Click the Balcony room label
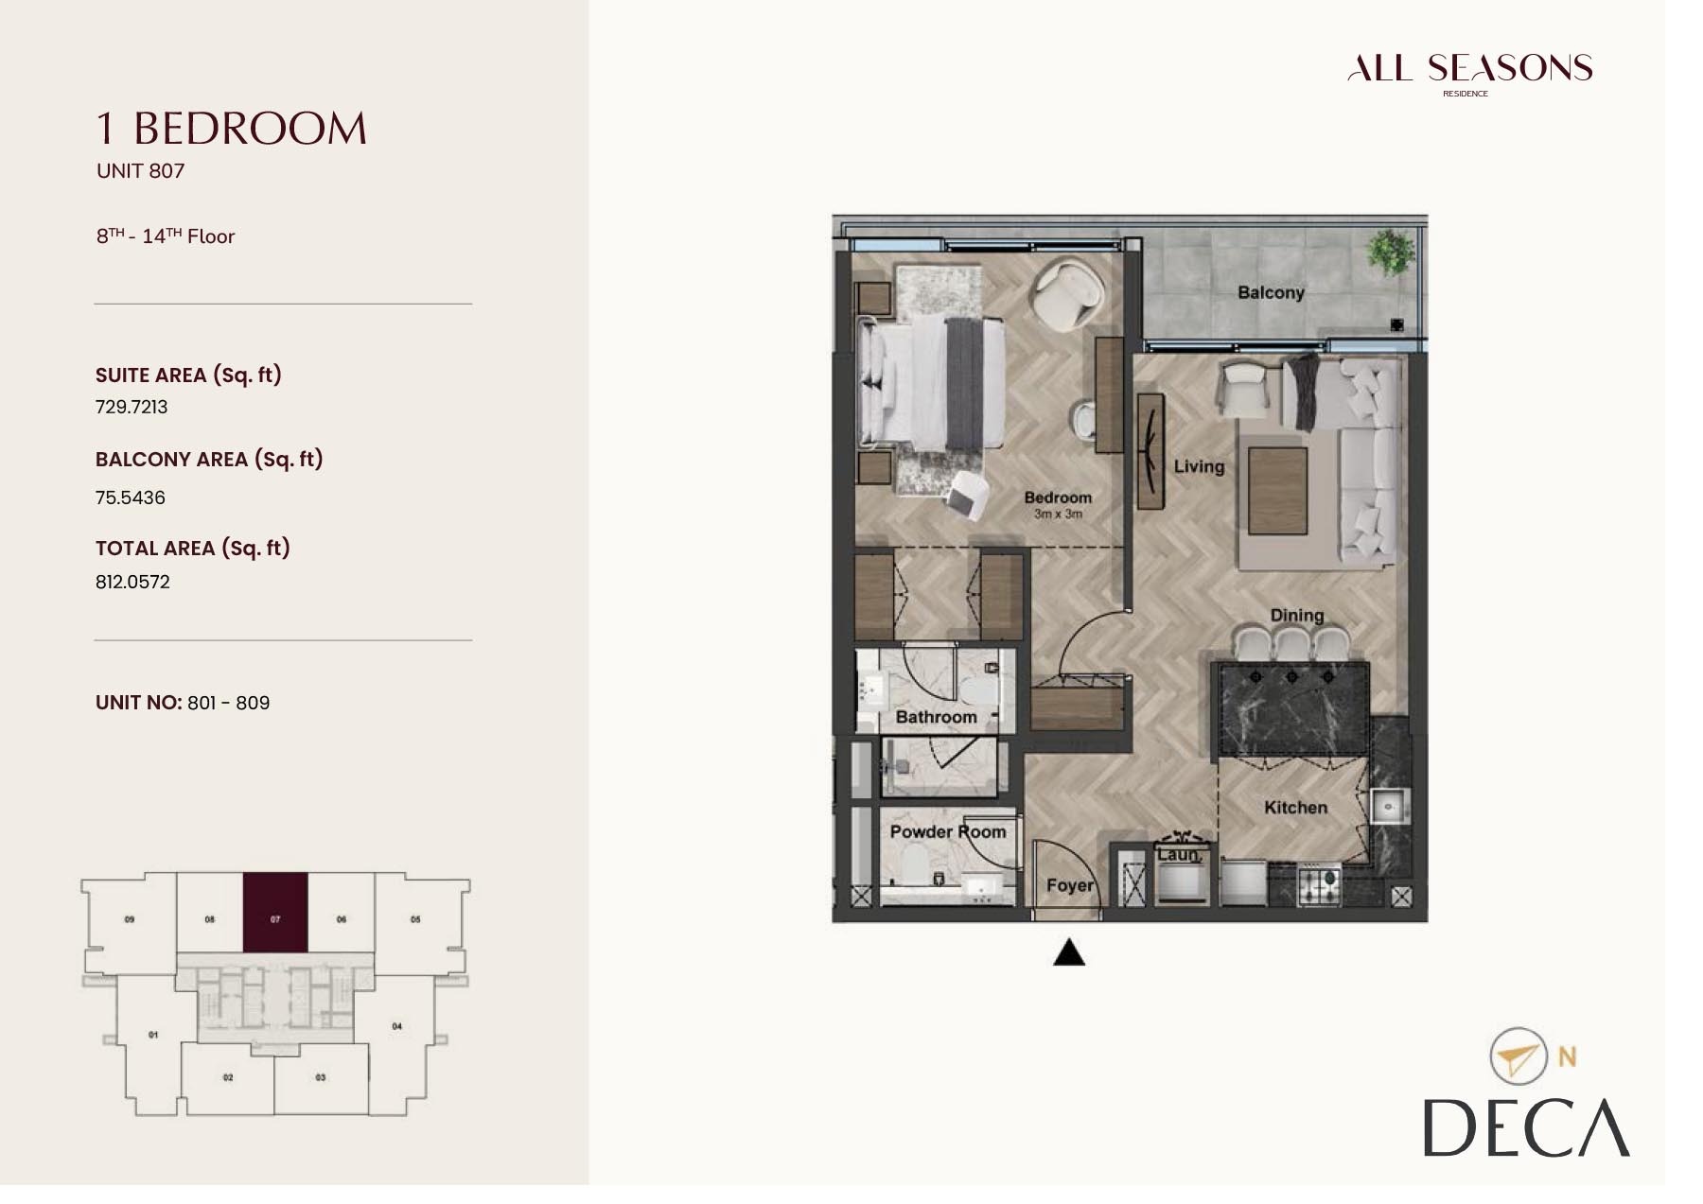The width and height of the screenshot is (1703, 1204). click(1270, 293)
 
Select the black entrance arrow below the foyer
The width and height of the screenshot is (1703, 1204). click(1068, 953)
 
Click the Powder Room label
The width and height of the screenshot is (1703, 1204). click(947, 831)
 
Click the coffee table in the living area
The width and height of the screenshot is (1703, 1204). click(1277, 491)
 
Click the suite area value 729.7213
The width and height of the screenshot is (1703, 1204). click(132, 407)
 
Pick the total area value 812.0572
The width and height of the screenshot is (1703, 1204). click(132, 582)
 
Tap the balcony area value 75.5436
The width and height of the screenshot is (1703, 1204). click(130, 497)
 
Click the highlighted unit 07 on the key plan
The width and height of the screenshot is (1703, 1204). click(275, 912)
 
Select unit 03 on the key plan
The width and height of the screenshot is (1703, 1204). click(321, 1077)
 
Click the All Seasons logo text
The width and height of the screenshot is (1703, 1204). click(1469, 69)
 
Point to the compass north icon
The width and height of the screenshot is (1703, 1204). click(1517, 1056)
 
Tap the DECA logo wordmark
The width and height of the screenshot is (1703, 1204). click(1525, 1128)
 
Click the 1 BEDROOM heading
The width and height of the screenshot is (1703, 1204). click(232, 129)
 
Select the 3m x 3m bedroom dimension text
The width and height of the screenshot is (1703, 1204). click(1057, 515)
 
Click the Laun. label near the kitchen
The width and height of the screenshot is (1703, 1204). click(1178, 854)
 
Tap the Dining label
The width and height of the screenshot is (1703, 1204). click(1296, 615)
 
